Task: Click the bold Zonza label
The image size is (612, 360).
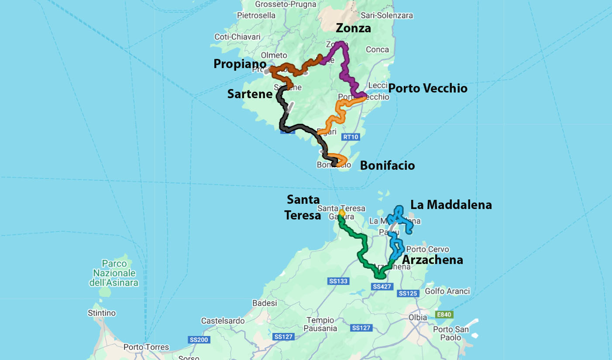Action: (353, 28)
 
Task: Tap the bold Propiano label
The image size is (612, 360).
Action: (240, 64)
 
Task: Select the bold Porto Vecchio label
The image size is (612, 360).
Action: (428, 88)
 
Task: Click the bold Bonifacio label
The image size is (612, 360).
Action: (387, 166)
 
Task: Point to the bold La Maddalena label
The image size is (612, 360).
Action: (451, 204)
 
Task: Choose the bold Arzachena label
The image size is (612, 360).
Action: (432, 260)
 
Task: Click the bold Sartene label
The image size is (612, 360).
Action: (250, 94)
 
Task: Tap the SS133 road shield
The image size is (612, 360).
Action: (338, 281)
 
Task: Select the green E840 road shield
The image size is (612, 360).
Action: (444, 314)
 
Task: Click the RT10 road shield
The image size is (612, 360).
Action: (351, 137)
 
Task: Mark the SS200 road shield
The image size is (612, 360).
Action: (199, 339)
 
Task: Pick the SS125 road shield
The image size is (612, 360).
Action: (408, 294)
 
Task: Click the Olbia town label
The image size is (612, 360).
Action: (418, 317)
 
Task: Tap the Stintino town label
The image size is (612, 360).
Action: (102, 313)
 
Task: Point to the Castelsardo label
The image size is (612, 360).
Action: (223, 321)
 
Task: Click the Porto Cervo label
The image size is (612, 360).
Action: (427, 249)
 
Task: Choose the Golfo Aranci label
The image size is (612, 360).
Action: (447, 291)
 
